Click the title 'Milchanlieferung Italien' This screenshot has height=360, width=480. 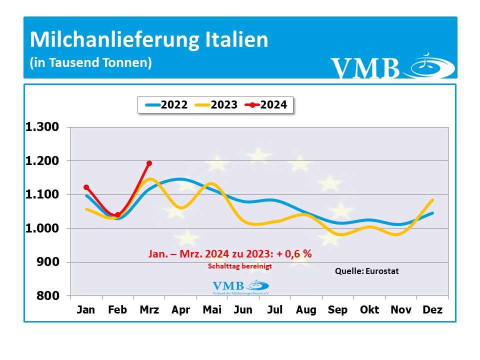click(149, 40)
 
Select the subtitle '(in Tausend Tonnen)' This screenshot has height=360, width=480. click(90, 63)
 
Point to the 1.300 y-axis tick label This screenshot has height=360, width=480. click(42, 127)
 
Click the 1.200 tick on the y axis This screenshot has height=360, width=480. click(42, 160)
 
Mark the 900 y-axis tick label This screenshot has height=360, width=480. click(48, 262)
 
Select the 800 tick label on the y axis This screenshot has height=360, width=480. click(48, 295)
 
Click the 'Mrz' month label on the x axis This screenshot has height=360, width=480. click(149, 310)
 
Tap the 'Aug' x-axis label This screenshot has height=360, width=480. click(306, 310)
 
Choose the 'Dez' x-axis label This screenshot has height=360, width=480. click(432, 310)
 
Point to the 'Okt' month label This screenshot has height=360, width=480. click(370, 310)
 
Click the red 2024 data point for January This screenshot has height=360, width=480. click(86, 187)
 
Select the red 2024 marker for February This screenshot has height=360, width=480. click(117, 215)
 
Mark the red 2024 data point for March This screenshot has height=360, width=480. click(149, 163)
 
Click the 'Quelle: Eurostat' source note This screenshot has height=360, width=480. click(366, 271)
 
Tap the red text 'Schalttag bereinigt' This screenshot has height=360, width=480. click(240, 267)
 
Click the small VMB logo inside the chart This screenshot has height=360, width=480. click(241, 287)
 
